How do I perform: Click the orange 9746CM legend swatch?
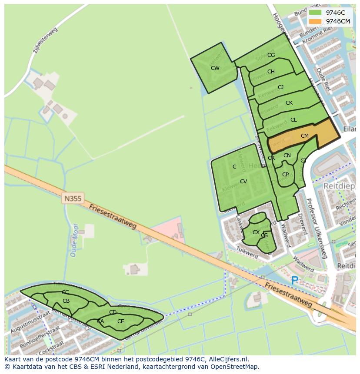click(316, 21)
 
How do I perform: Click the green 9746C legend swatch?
click(316, 13)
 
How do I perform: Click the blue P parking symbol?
click(294, 281)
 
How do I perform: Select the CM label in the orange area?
click(304, 136)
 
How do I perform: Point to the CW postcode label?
click(215, 68)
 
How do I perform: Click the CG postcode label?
click(271, 55)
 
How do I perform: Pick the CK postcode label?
click(289, 103)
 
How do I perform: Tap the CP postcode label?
click(285, 175)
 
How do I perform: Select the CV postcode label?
click(243, 182)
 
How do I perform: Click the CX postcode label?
click(256, 232)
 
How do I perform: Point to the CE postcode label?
click(120, 321)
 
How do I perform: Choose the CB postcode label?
click(66, 301)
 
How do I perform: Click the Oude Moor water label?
click(74, 240)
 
